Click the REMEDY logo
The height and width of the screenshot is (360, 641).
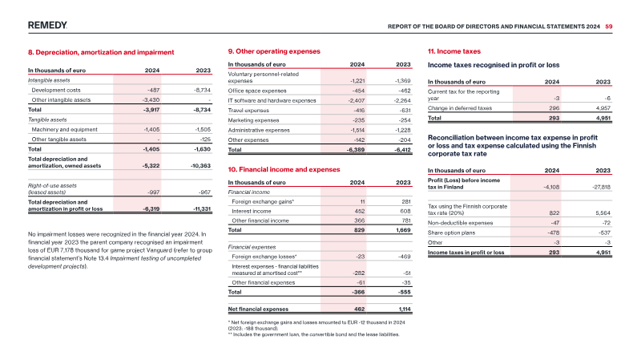[47, 26]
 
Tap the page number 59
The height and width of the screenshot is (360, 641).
[609, 26]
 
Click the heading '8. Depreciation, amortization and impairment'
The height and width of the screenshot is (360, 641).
[101, 52]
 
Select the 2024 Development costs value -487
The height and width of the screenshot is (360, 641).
[153, 90]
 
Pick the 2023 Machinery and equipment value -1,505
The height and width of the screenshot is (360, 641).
[203, 130]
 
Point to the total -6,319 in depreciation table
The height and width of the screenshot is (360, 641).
[151, 209]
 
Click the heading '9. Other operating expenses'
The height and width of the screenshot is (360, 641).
[274, 51]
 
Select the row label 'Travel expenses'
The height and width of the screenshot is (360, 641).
[248, 111]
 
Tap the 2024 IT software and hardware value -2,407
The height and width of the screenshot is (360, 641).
[356, 101]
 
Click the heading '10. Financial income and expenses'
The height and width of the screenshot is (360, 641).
[284, 170]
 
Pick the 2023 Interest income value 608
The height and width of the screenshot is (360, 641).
[405, 212]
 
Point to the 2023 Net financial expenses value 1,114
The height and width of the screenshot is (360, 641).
[405, 309]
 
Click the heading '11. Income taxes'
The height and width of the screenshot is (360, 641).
[454, 51]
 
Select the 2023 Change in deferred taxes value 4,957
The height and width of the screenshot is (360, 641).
[603, 108]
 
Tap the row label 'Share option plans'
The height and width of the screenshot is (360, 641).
[451, 233]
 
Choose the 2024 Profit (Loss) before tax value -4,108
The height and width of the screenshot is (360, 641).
[551, 188]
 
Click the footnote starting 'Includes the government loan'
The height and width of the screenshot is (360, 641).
[313, 334]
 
